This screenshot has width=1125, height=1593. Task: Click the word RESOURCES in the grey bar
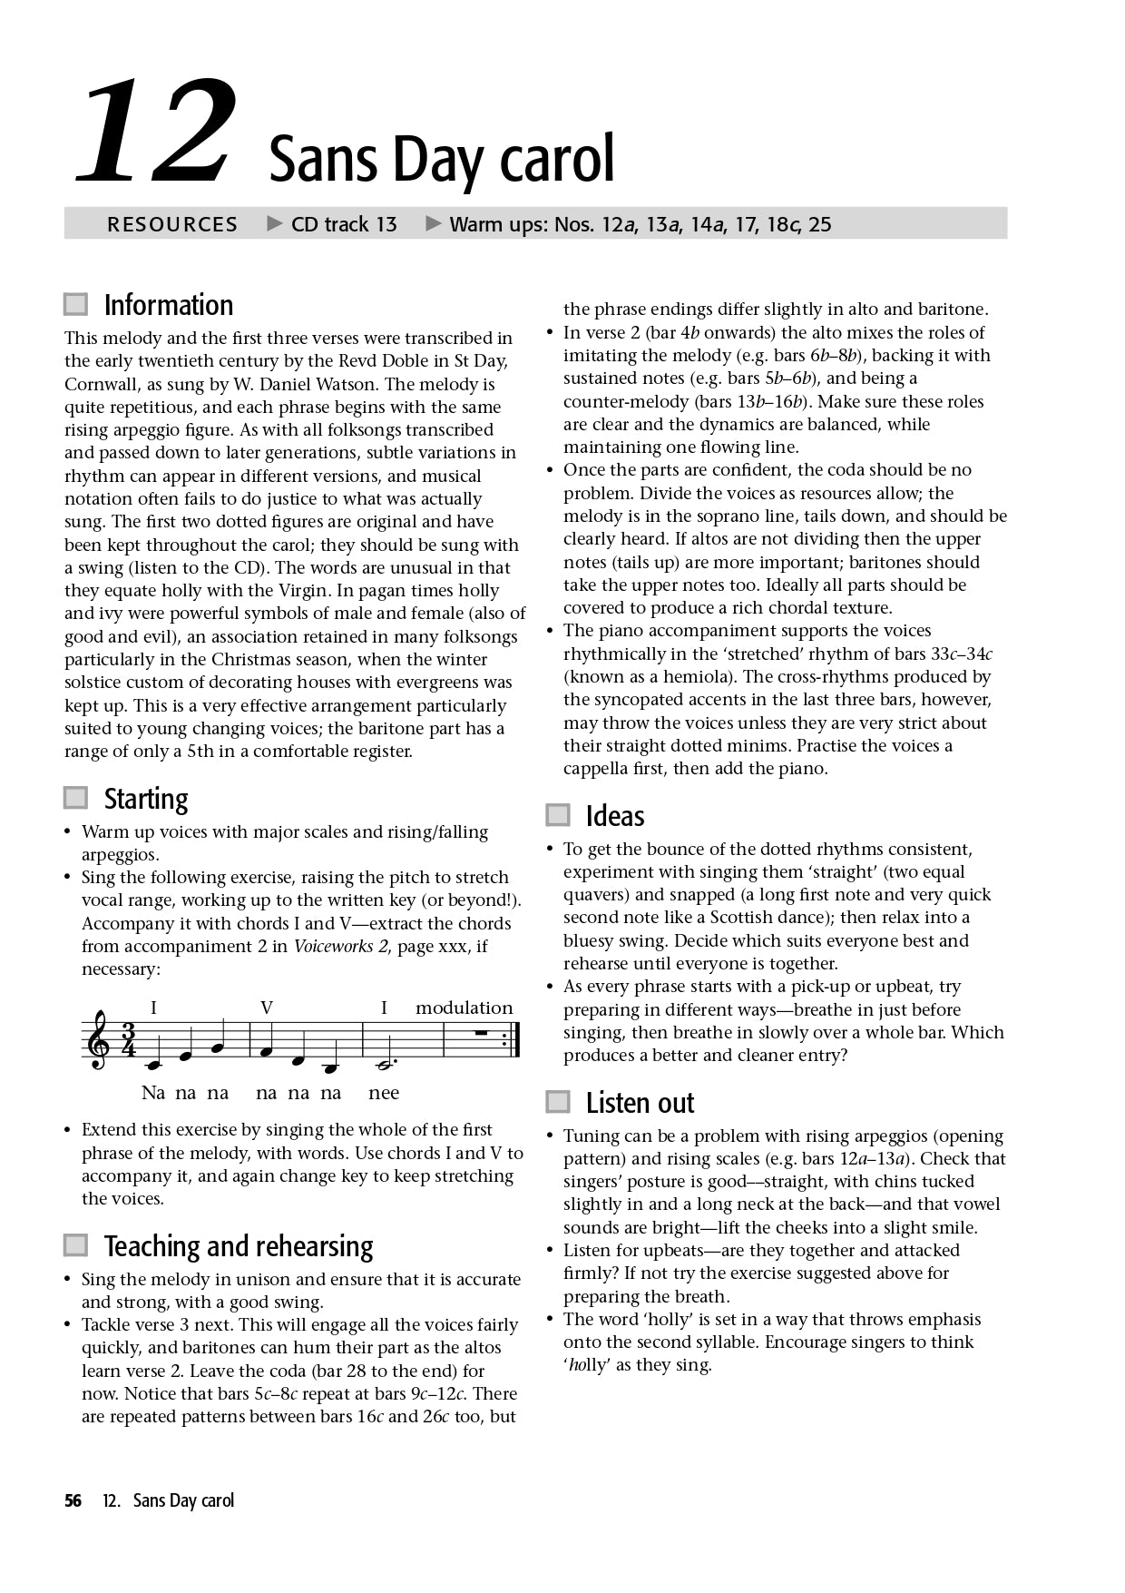(x=171, y=224)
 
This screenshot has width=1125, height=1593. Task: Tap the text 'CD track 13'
(x=344, y=224)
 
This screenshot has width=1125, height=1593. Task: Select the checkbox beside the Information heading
(x=76, y=304)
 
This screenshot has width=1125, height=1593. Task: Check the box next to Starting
(x=76, y=798)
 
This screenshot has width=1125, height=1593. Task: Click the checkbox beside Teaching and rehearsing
(x=76, y=1245)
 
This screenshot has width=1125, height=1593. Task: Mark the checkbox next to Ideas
(x=558, y=815)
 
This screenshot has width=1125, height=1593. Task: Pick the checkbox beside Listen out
(x=558, y=1102)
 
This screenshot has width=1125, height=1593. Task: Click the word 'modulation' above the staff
(x=464, y=1008)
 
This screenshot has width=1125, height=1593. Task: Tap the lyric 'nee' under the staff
(x=384, y=1093)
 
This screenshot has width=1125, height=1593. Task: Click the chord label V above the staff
(x=267, y=1008)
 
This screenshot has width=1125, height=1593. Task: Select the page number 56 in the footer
(x=73, y=1500)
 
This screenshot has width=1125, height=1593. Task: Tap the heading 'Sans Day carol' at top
(x=442, y=159)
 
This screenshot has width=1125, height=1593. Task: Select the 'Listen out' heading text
(x=640, y=1103)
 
